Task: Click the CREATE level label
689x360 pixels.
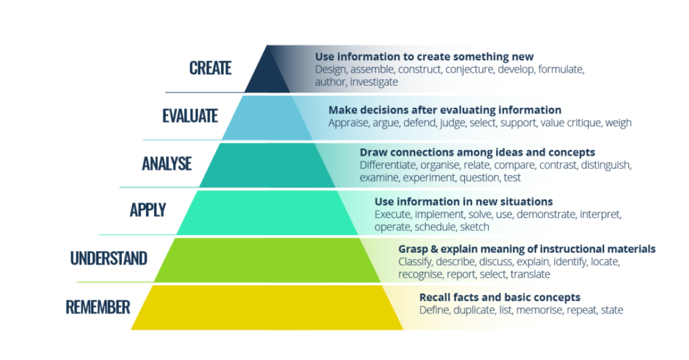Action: click(210, 68)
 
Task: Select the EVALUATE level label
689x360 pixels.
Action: click(190, 116)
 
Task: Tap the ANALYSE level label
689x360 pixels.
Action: click(167, 163)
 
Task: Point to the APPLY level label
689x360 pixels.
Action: click(147, 210)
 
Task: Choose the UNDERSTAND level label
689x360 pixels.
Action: click(109, 258)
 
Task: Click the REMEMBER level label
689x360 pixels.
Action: click(98, 307)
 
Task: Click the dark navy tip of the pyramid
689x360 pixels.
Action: click(267, 72)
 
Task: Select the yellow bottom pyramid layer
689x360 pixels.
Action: click(267, 307)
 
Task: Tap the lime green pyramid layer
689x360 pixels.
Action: click(267, 259)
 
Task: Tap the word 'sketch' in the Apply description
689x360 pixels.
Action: click(475, 227)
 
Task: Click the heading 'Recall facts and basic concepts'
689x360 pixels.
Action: click(500, 298)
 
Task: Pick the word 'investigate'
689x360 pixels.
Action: click(374, 82)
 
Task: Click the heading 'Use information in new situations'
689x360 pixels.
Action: click(464, 202)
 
